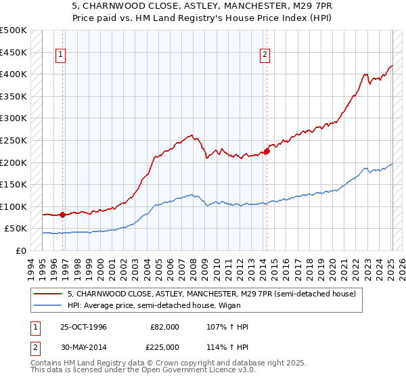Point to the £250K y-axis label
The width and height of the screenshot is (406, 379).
pos(14,140)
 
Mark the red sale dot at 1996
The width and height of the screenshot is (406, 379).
pos(63,215)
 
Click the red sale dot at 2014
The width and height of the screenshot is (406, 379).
pos(267,152)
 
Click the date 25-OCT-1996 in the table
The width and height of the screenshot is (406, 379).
pos(83,327)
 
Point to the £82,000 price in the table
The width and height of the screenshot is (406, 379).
pos(164,327)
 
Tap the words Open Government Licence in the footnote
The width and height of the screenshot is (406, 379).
pos(197,371)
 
